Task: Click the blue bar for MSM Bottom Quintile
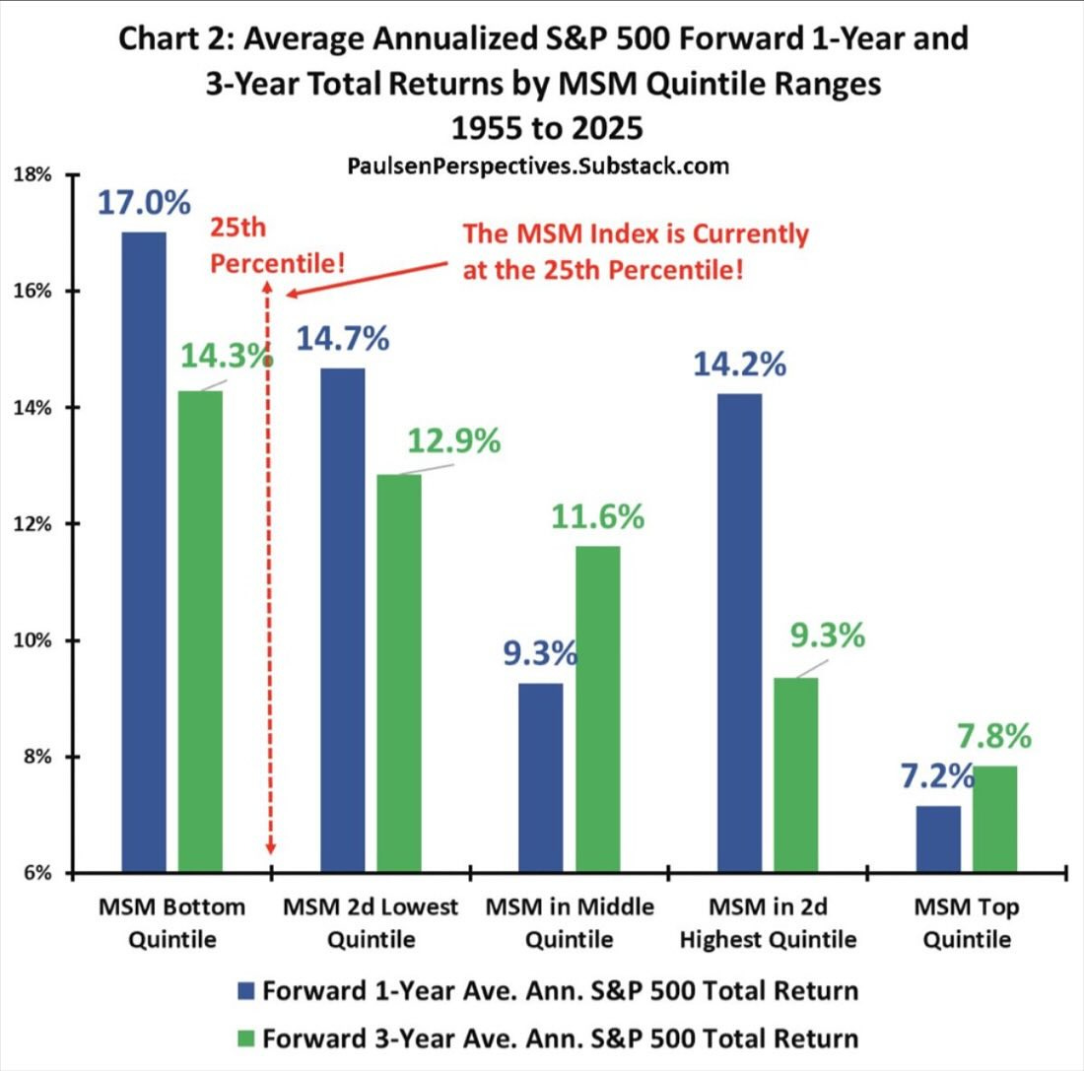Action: (144, 552)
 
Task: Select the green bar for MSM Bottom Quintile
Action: (201, 631)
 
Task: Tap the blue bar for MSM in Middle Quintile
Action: (540, 777)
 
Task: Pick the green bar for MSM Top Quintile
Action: (994, 819)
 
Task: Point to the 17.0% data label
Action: (143, 203)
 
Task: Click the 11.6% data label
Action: (598, 515)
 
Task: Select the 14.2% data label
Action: (739, 364)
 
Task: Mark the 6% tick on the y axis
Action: (39, 873)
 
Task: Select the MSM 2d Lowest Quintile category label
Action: (371, 922)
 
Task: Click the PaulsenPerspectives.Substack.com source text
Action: (538, 166)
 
